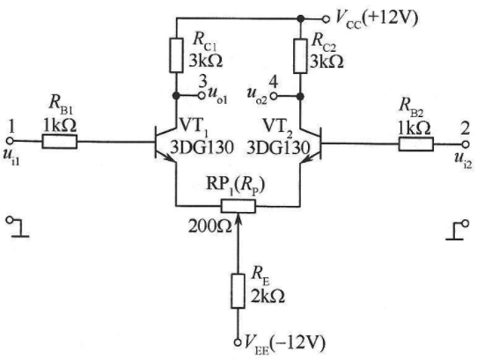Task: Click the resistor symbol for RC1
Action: click(176, 55)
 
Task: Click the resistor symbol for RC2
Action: click(300, 56)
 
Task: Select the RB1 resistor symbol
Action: click(59, 142)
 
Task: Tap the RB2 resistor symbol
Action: click(416, 144)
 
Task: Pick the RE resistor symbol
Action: click(238, 291)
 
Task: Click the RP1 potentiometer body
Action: click(238, 206)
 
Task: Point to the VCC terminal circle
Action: click(326, 19)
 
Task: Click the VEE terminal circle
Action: click(238, 342)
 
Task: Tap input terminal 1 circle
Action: click(10, 141)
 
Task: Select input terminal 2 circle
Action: click(466, 144)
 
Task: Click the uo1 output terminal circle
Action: click(202, 96)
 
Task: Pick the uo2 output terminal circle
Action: click(274, 96)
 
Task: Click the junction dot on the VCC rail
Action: click(301, 18)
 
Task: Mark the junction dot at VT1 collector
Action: click(176, 96)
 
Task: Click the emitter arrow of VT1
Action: click(170, 158)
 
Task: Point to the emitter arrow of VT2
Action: click(307, 158)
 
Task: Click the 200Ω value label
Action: click(210, 226)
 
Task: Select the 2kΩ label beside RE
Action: click(268, 296)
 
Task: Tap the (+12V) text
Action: click(390, 17)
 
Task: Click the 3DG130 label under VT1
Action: click(202, 148)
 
